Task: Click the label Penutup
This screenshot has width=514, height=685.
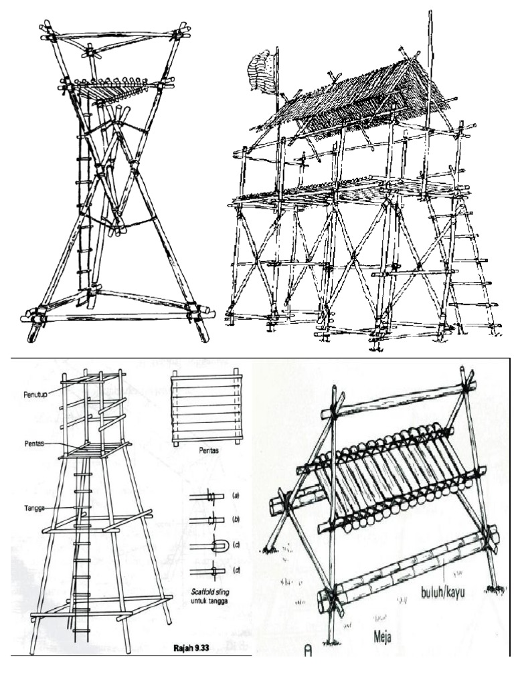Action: pyautogui.click(x=35, y=395)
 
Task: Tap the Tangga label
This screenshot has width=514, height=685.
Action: pyautogui.click(x=33, y=508)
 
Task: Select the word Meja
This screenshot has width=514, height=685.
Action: pyautogui.click(x=382, y=638)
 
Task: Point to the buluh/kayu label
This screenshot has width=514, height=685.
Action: pyautogui.click(x=442, y=593)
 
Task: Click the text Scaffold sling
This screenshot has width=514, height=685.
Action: pyautogui.click(x=210, y=593)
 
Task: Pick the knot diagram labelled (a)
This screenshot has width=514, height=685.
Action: pyautogui.click(x=207, y=496)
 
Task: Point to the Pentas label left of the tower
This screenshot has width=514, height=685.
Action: pyautogui.click(x=33, y=443)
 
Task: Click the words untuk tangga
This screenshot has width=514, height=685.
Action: pyautogui.click(x=210, y=601)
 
